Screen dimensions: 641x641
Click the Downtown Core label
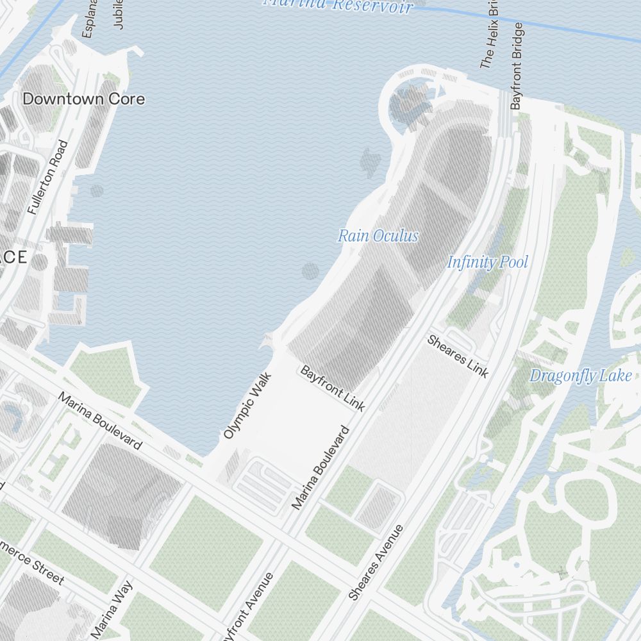[x=84, y=99]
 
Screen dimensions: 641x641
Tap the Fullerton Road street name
[x=48, y=177]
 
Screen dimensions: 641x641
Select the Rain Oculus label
[x=378, y=236]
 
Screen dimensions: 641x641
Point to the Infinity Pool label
[x=488, y=262]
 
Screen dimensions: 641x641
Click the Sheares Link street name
[x=458, y=356]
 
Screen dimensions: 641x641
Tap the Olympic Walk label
[x=248, y=406]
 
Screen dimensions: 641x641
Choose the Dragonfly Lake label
[x=581, y=376]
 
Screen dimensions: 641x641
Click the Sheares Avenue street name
[x=376, y=562]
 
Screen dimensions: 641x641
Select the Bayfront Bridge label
[x=517, y=65]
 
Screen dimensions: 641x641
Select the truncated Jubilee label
[x=118, y=14]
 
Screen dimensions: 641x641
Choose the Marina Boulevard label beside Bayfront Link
[x=321, y=467]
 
